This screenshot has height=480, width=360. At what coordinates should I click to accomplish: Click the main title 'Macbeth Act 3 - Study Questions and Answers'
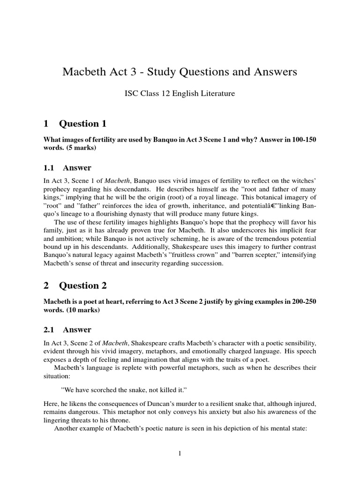[x=180, y=72]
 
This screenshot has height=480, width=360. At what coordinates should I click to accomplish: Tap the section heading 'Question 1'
[x=82, y=124]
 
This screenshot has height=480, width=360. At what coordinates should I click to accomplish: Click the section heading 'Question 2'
[x=82, y=286]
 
